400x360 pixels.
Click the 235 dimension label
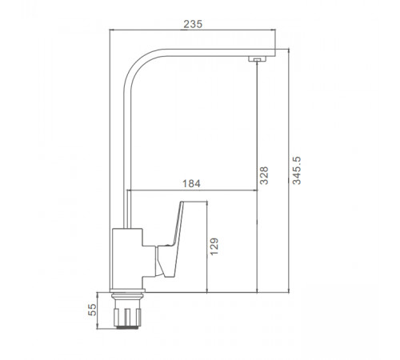click(193, 24)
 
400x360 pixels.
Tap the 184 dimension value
click(191, 184)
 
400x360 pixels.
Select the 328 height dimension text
click(264, 175)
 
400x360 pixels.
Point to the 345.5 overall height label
click(297, 170)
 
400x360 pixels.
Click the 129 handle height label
click(214, 246)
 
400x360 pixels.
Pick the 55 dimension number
click(92, 310)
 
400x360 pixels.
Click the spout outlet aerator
click(257, 59)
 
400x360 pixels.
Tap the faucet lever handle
click(170, 239)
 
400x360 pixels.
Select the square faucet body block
click(127, 258)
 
